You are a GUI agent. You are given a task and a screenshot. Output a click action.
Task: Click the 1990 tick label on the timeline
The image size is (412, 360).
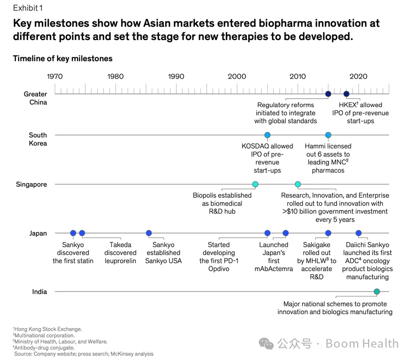pyautogui.click(x=176, y=76)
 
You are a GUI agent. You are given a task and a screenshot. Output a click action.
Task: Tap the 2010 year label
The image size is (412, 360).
pyautogui.click(x=298, y=76)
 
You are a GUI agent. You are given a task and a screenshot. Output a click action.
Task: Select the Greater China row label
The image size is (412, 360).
pyautogui.click(x=35, y=98)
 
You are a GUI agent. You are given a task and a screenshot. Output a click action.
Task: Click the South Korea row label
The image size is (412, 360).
pyautogui.click(x=38, y=139)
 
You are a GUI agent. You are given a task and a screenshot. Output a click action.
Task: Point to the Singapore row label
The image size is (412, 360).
pyautogui.click(x=31, y=185)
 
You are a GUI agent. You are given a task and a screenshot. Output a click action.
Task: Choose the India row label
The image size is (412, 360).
pyautogui.click(x=39, y=292)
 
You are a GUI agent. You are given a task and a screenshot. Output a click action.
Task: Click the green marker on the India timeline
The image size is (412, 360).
pyautogui.click(x=377, y=292)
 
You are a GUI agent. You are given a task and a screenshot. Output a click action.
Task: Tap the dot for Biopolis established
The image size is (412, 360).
pyautogui.click(x=255, y=185)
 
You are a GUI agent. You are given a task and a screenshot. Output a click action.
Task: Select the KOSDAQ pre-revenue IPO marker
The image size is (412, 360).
pyautogui.click(x=267, y=135)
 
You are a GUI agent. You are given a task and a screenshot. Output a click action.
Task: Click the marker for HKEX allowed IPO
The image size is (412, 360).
pyautogui.click(x=346, y=94)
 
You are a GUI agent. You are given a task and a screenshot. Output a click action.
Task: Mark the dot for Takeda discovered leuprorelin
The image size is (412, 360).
pyautogui.click(x=82, y=233)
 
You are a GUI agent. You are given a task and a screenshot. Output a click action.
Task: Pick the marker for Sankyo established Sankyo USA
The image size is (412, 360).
pyautogui.click(x=149, y=233)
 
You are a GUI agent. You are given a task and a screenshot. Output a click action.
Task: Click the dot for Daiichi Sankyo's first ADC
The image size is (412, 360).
pyautogui.click(x=359, y=233)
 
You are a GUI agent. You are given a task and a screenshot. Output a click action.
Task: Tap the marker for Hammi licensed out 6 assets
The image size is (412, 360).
pyautogui.click(x=328, y=135)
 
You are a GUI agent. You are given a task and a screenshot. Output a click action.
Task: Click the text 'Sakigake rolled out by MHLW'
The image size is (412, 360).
pyautogui.click(x=317, y=261)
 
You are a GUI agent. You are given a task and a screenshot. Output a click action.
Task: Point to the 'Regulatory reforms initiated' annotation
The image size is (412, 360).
pyautogui.click(x=286, y=113)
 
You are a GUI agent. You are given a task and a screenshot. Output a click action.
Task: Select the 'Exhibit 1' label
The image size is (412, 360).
pyautogui.click(x=28, y=8)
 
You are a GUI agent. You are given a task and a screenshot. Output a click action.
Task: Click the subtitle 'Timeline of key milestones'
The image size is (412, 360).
pyautogui.click(x=63, y=59)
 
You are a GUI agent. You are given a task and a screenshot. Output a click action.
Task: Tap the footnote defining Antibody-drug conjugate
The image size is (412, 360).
pyautogui.click(x=44, y=348)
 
